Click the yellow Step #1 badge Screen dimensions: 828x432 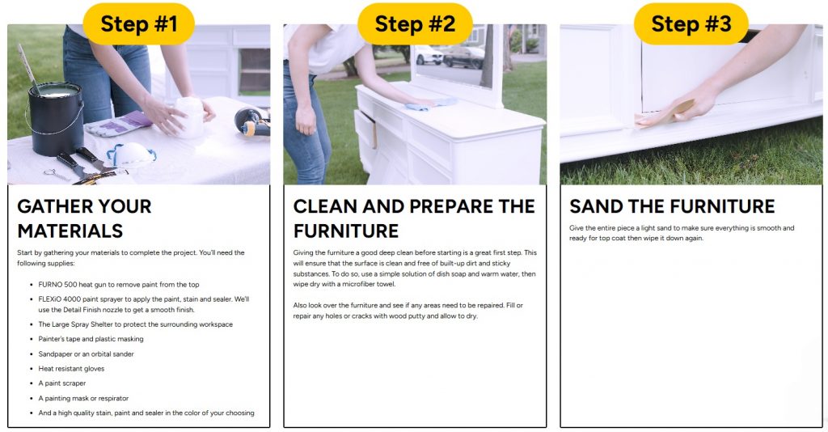tap(138, 23)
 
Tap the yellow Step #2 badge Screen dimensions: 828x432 tap(415, 23)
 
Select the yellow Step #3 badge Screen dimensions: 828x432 tap(691, 23)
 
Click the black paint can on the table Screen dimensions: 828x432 tap(55, 119)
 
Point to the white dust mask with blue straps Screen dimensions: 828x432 tap(131, 154)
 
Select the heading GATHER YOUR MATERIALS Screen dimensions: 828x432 tap(84, 218)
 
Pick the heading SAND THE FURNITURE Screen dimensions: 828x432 tap(672, 206)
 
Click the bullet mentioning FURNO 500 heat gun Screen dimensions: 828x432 tap(119, 284)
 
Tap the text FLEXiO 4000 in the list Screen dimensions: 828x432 tap(60, 299)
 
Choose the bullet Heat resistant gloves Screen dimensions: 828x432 tap(71, 369)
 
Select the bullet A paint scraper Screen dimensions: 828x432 tap(61, 383)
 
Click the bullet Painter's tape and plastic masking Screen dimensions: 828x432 tap(91, 339)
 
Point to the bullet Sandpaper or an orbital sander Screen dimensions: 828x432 tap(86, 354)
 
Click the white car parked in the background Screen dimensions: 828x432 tap(429, 54)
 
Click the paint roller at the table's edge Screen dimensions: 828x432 tap(252, 121)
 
